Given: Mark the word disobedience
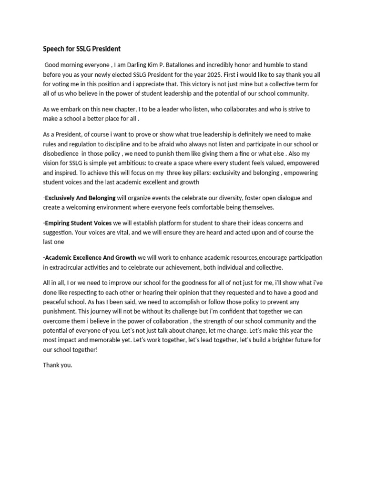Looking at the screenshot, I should pyautogui.click(x=60, y=153).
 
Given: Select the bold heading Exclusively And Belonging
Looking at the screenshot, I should pyautogui.click(x=80, y=197).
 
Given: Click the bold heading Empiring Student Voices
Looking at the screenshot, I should pyautogui.click(x=78, y=223).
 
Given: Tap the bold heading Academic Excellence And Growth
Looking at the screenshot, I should pyautogui.click(x=91, y=257).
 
